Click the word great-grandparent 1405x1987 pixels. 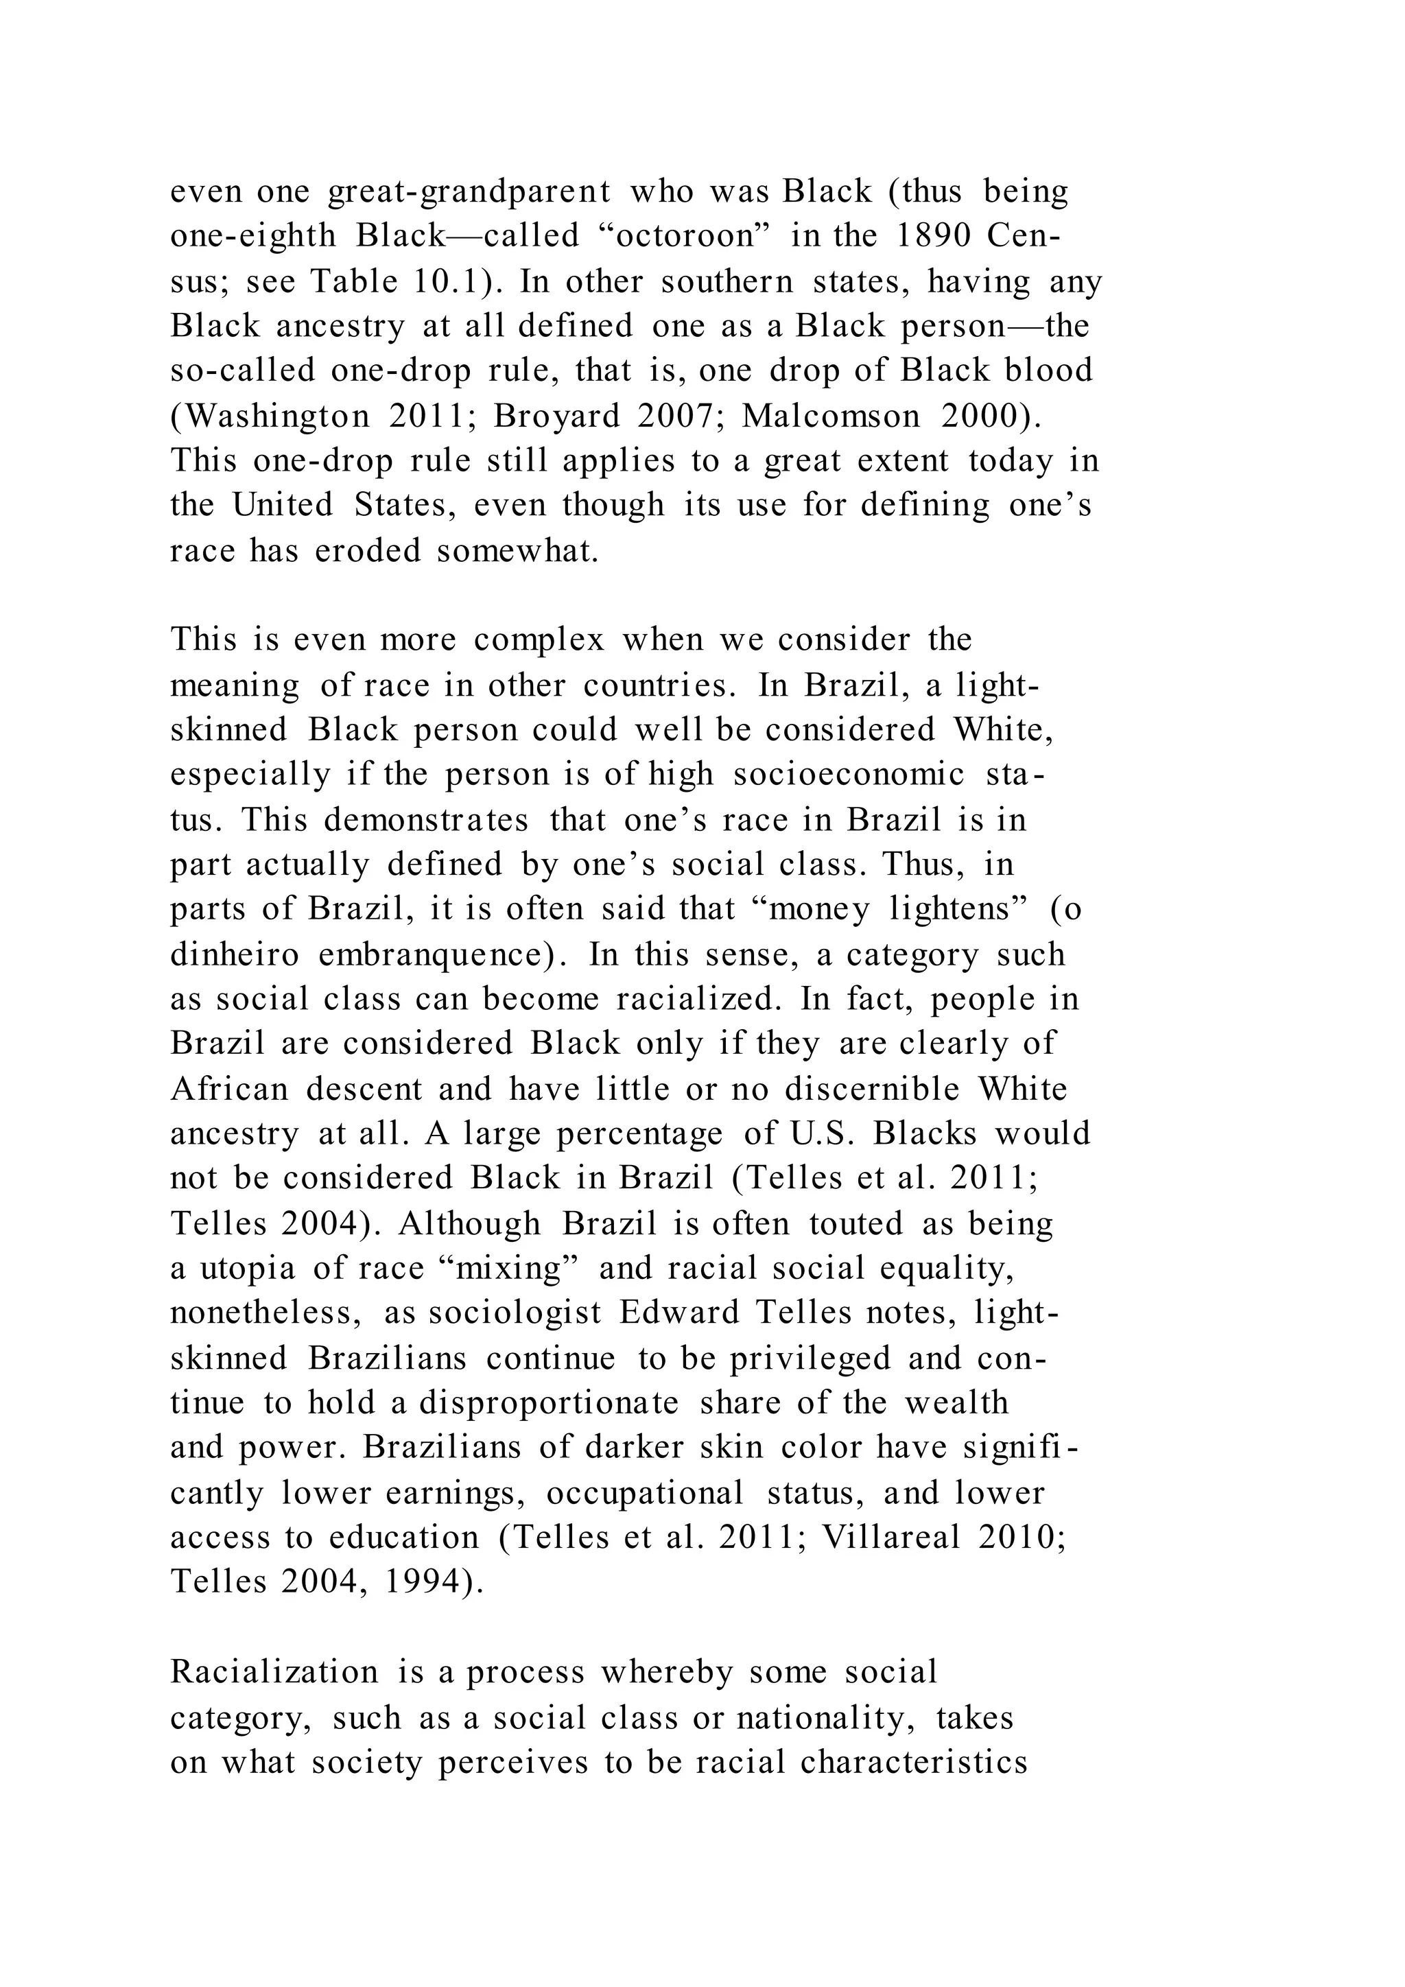(469, 192)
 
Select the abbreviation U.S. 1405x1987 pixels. (821, 1133)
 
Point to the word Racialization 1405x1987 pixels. (274, 1672)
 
